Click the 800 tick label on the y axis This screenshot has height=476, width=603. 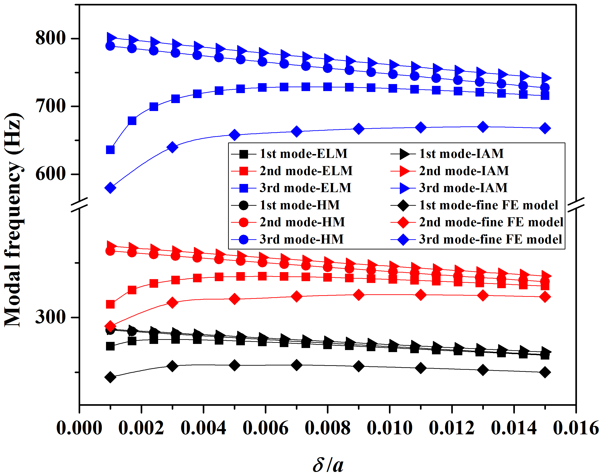tap(50, 38)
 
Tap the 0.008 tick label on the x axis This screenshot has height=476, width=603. tap(327, 428)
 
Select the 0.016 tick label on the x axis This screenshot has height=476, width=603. tap(576, 428)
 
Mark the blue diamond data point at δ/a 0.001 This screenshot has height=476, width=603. tap(110, 188)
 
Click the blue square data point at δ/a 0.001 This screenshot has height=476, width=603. tap(110, 150)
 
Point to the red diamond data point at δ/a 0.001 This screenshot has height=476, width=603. tap(110, 326)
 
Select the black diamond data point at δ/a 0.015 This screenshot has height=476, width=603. tap(545, 372)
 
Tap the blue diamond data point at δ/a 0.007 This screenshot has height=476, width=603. tap(297, 132)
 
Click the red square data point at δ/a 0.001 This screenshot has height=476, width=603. tap(110, 304)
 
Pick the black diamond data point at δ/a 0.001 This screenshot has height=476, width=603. tap(110, 377)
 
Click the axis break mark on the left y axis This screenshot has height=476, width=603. tap(80, 205)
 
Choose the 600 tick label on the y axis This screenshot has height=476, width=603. tap(50, 174)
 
